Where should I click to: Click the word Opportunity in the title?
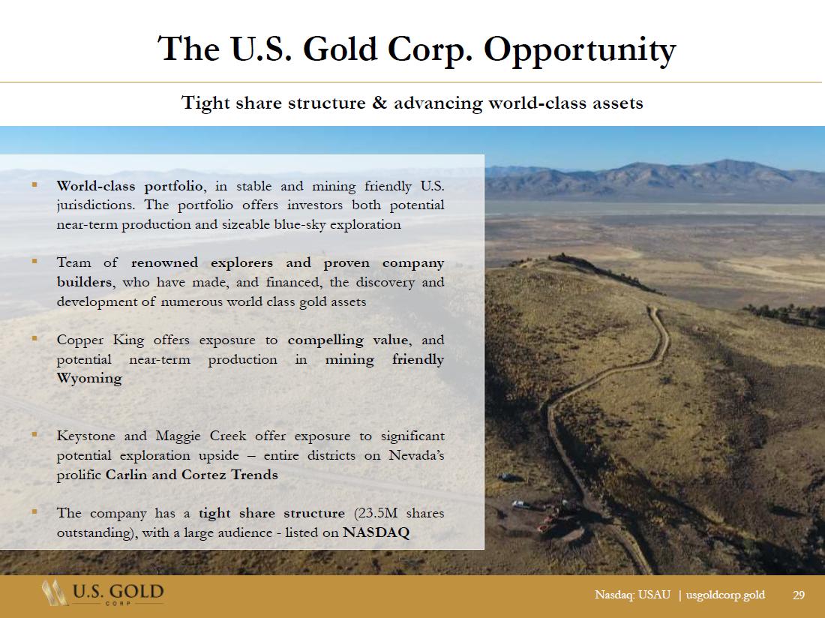[579, 51]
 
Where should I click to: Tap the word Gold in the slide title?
[340, 49]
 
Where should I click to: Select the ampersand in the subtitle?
[379, 102]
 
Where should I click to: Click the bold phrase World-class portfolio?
[130, 187]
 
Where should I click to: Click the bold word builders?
[84, 282]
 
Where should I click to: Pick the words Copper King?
[100, 340]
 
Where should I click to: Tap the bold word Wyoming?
[89, 379]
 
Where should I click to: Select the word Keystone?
[85, 436]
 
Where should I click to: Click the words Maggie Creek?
[201, 436]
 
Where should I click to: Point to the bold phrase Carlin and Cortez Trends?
[191, 475]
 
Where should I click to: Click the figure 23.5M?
[376, 513]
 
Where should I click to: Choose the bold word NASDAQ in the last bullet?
[376, 532]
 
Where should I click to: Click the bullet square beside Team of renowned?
[34, 261]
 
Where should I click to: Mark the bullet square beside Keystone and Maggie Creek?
[34, 434]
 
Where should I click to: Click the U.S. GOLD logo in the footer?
[103, 593]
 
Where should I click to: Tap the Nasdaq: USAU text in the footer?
[632, 595]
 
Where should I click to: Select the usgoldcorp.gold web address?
[725, 595]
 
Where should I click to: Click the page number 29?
[799, 595]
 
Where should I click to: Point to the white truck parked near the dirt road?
[521, 505]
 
